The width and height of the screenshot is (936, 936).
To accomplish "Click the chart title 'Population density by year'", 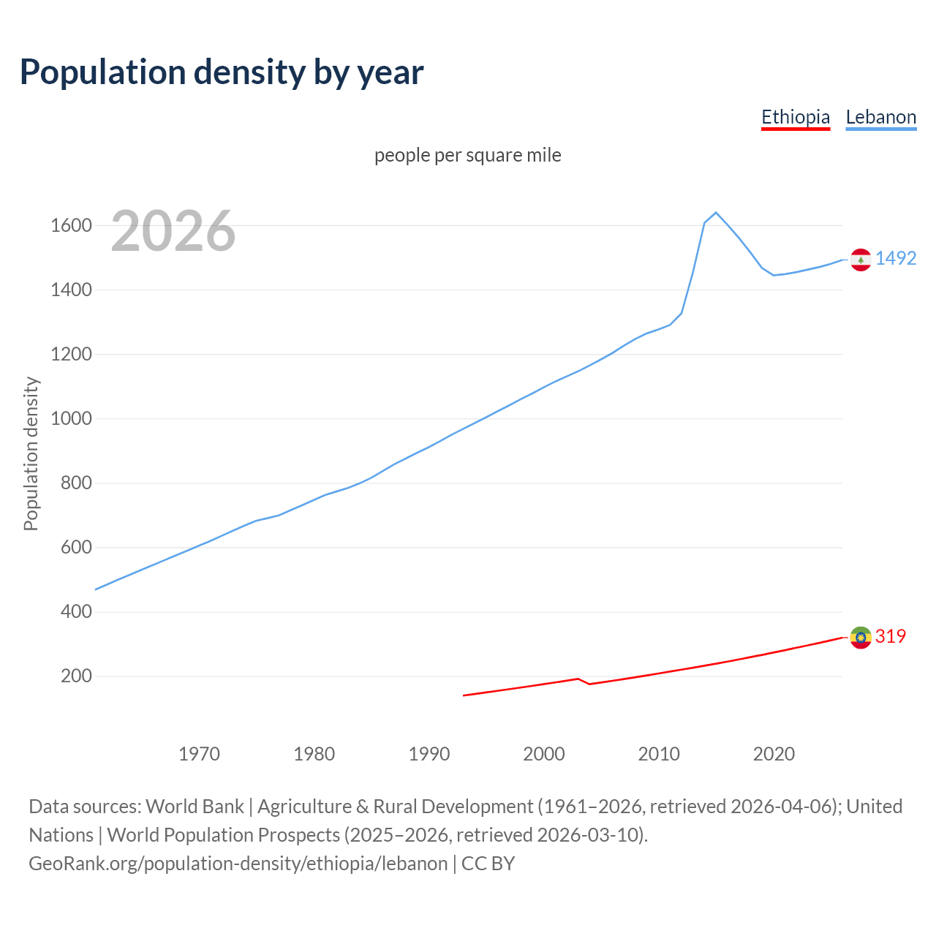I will tap(222, 72).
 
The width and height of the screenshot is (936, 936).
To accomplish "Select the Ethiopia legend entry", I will tap(796, 118).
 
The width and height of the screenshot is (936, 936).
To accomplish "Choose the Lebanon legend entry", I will tap(880, 118).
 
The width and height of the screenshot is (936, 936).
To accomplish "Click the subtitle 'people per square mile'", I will tap(468, 155).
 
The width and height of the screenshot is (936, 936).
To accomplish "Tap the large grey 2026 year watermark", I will tap(173, 231).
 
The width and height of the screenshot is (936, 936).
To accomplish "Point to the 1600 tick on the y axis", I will tap(71, 225).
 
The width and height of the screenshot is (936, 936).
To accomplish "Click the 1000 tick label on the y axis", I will tap(71, 419).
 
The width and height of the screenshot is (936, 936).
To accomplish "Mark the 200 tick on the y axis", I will tap(76, 676).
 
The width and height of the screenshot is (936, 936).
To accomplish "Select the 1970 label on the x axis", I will tap(199, 754).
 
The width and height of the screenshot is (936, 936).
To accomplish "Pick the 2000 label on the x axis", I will tap(544, 754).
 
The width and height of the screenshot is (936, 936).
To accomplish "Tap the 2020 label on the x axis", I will tap(774, 754).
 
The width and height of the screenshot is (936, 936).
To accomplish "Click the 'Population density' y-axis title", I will tap(31, 453).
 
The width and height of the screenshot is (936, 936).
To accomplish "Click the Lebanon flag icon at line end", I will tap(861, 260).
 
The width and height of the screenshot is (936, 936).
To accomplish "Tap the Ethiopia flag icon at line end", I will tap(861, 638).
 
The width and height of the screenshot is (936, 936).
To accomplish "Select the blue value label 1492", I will tap(896, 258).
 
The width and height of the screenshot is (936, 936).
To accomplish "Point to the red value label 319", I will tap(891, 636).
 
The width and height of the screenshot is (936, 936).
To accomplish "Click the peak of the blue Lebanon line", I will tap(716, 213).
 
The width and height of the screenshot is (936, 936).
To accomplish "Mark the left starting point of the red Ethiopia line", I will tap(464, 695).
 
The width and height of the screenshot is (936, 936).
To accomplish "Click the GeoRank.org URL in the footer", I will tap(238, 864).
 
